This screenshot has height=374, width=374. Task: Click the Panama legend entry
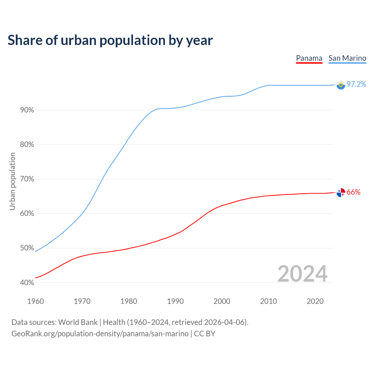pos(309,58)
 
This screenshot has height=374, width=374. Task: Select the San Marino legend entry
pos(347,58)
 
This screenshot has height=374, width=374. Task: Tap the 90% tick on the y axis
pos(27,110)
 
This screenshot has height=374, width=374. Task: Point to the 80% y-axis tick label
pos(27,145)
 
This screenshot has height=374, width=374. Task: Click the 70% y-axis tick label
pos(27,179)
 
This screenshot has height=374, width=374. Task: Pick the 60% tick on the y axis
pos(27,214)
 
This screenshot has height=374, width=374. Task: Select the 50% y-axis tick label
pos(27,248)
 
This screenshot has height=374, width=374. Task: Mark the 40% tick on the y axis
pos(27,283)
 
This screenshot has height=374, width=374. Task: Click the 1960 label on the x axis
pos(35,301)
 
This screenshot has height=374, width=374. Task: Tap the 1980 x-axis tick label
pos(129,301)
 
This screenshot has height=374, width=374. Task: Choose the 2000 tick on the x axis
pos(222,301)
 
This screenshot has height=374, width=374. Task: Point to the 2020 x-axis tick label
pos(315,301)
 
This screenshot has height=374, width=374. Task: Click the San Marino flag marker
pos(341,85)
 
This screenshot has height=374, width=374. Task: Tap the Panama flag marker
pos(341,193)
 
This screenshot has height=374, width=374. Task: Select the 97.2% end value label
pos(356,84)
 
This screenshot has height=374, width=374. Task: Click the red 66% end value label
pos(354,192)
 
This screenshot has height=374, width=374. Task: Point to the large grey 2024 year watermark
pos(302,274)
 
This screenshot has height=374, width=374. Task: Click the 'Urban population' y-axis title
pos(12,181)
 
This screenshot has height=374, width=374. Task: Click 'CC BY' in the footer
pos(205,334)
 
